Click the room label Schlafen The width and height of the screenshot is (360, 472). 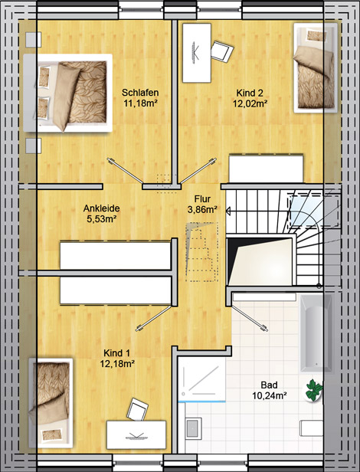140,93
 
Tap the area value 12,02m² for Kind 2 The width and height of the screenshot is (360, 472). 250,103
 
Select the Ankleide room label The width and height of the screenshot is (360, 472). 101,208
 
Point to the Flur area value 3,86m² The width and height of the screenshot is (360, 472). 202,209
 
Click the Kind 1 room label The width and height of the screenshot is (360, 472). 116,352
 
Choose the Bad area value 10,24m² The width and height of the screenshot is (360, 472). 269,395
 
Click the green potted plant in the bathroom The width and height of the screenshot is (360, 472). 314,390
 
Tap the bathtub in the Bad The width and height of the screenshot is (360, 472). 316,333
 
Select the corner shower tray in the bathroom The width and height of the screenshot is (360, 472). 201,379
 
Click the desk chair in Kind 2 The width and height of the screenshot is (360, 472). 222,51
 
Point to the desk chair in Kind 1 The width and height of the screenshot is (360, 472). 138,409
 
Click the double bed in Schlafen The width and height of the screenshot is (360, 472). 68,93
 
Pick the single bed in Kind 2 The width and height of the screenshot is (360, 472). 316,68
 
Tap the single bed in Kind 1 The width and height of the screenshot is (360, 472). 51,403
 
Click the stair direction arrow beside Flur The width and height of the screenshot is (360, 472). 228,211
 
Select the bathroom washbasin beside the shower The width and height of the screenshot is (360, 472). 193,428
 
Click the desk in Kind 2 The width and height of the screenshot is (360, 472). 197,53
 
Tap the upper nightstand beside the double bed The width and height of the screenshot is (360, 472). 34,39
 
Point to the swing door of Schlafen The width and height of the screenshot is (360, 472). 125,171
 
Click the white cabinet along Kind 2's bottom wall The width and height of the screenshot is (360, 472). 266,169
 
